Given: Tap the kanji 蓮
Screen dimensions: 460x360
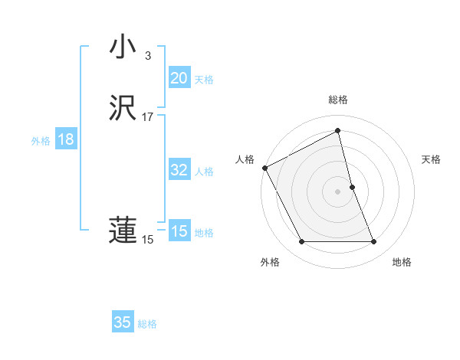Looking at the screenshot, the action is point(122,231).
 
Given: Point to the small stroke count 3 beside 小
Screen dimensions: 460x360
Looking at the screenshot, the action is point(148,56).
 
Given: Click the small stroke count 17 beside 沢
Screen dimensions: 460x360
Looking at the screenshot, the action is point(148,117).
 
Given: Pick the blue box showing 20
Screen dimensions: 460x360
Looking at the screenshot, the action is point(179,78).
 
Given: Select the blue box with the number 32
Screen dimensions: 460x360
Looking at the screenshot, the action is point(179,170).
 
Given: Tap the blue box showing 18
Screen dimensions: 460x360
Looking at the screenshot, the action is point(66,139).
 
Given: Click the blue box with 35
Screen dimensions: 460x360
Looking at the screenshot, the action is point(122,322).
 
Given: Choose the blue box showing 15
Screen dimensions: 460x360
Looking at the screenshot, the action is point(179,231).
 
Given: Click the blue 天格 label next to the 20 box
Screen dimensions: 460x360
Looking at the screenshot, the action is point(204,80).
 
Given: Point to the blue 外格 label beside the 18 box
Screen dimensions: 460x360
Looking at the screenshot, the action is point(41,141).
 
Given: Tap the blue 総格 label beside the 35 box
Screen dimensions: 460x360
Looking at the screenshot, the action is point(147,324).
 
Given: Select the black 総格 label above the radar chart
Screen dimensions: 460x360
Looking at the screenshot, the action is point(338,100).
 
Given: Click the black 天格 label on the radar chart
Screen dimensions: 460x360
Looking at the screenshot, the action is point(432,159).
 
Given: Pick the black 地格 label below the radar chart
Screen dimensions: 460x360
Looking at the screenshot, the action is point(402,262).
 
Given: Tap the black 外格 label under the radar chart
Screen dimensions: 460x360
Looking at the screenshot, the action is point(270,262).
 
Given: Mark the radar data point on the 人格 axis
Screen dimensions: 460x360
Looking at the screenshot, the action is point(264,168).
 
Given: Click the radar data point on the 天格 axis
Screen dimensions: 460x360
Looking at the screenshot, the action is point(352,187).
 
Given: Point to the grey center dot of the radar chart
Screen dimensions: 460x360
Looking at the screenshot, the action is point(338,191).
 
